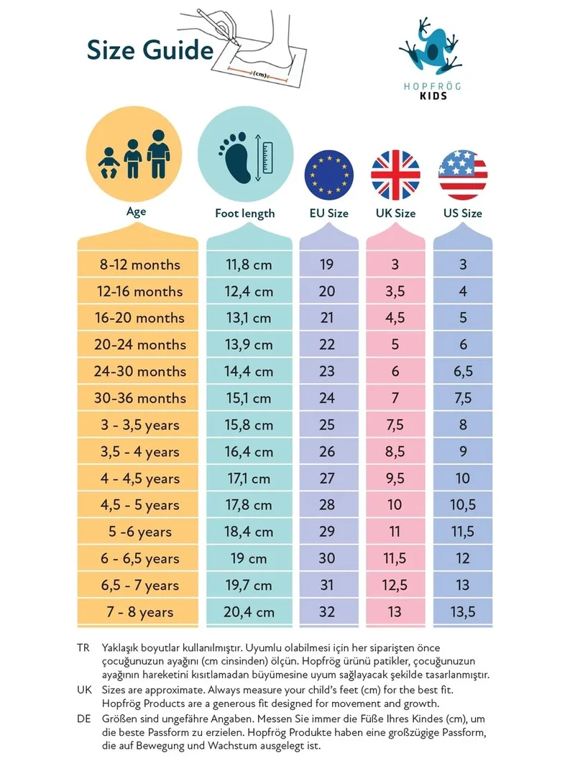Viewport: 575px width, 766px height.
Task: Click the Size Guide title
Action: point(150,51)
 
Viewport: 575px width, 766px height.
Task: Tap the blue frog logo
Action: point(430,47)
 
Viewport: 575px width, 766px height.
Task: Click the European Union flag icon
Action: point(328,175)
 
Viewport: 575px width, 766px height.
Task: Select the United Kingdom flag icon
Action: point(396,175)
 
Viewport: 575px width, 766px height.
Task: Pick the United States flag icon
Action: point(463,175)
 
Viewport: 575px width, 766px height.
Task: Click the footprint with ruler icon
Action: point(246,156)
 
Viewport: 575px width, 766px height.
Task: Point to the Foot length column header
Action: point(245,213)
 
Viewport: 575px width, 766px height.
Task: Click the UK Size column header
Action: point(396,213)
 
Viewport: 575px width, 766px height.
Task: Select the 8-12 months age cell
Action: point(140,264)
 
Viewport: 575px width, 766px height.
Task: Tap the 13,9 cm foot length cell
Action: point(249,345)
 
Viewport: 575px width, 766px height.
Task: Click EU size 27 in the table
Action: point(327,479)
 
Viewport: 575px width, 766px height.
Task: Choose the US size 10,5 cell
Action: point(463,505)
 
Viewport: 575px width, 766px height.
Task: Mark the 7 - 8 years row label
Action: point(140,612)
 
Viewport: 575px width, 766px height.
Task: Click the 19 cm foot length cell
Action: point(249,558)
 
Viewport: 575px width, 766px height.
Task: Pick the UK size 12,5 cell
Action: point(395,585)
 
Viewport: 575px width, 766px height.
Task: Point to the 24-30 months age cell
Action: point(140,372)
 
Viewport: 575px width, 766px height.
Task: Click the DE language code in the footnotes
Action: point(84,719)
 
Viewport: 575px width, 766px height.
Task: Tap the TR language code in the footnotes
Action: point(83,647)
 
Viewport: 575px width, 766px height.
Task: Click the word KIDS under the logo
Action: point(433,96)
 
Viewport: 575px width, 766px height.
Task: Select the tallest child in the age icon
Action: point(158,154)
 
